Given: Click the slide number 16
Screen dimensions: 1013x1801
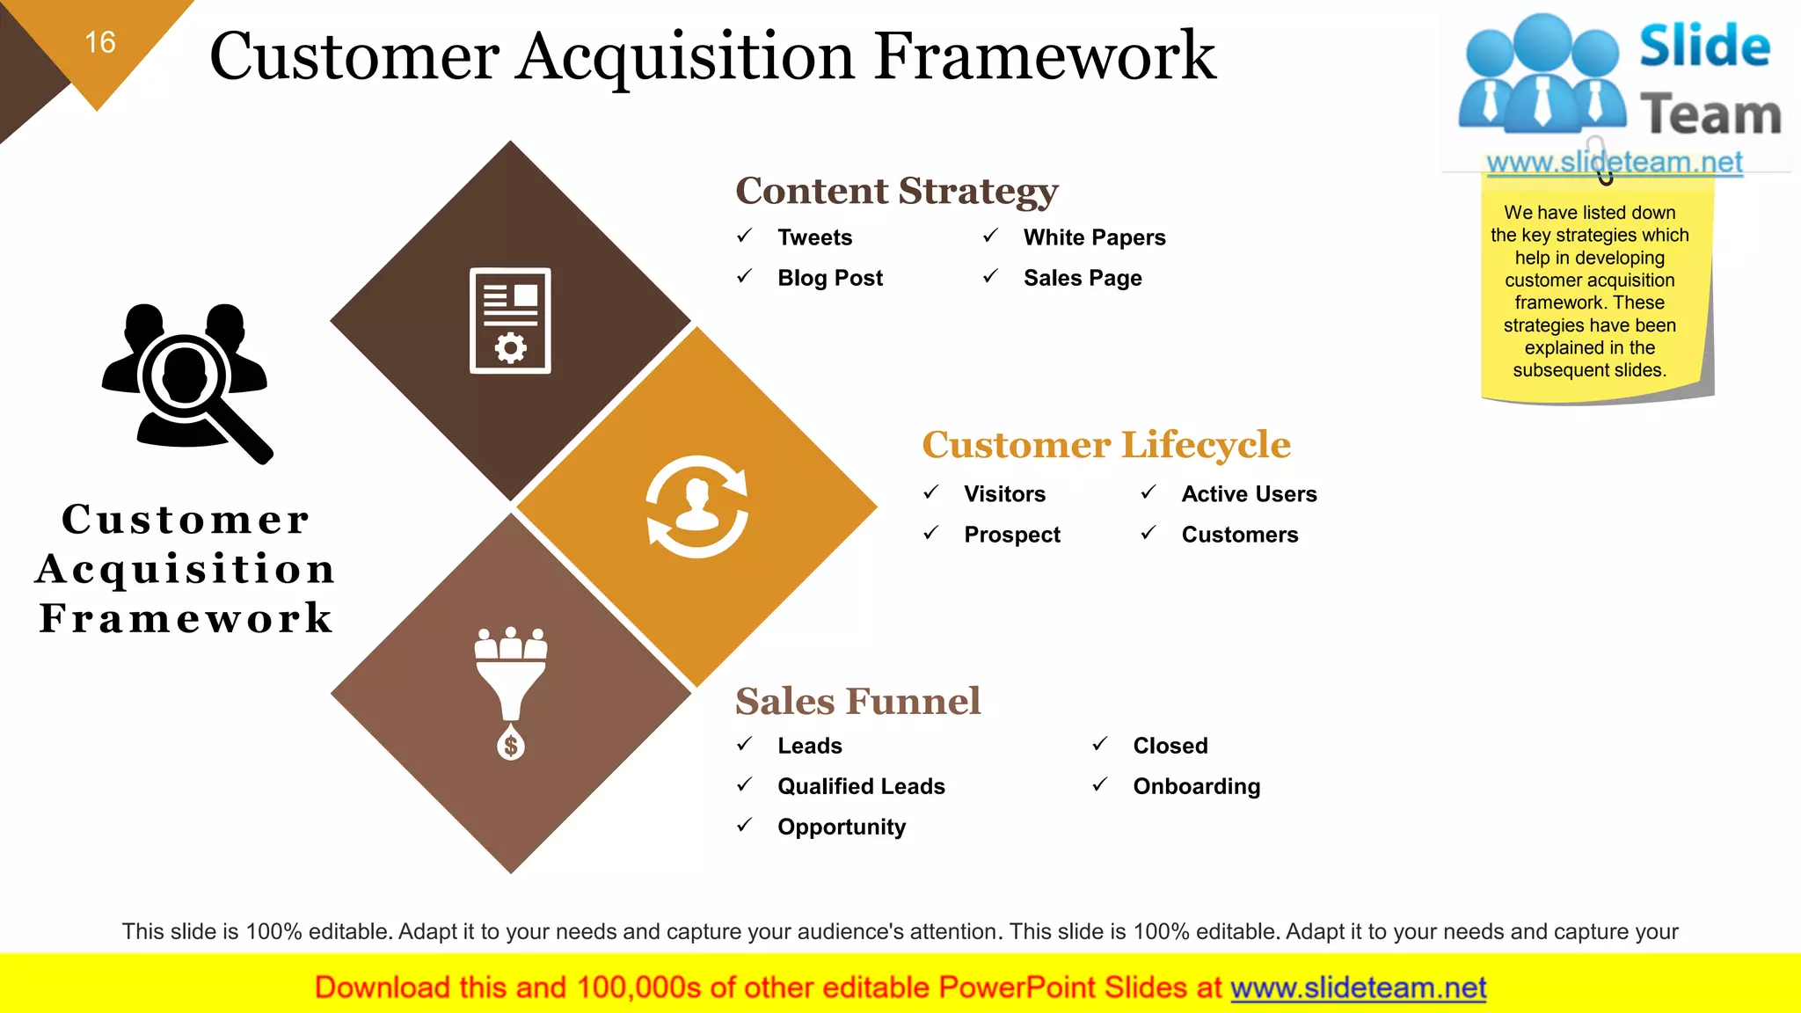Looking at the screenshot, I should coord(100,42).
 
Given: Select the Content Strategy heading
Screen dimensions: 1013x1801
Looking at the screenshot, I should coord(896,191).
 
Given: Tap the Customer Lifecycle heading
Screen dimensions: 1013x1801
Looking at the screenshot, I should coord(1105,445).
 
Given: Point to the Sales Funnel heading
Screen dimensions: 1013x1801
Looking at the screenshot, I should coord(857,702).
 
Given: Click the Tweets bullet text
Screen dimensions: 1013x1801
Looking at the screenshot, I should coord(814,237).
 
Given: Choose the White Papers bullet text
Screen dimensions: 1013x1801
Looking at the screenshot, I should coord(1094,237).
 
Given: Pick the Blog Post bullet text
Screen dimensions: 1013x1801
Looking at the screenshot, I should coord(829,278).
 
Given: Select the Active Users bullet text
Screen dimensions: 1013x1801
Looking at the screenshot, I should coord(1249,494).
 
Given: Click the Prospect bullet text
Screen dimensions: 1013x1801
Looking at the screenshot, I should coord(1011,535).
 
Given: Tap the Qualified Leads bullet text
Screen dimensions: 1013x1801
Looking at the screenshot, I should coord(861,786).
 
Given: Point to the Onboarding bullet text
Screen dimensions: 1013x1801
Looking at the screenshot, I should coord(1196,786).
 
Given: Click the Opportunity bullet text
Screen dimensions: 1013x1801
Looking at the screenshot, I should coord(841,827).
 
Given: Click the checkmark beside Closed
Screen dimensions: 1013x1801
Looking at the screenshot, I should coord(1100,745).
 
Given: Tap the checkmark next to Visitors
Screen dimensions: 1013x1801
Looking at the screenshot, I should coord(931,492).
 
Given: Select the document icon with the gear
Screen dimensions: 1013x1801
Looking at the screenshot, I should coord(510,321).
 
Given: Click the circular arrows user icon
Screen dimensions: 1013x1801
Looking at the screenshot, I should coord(697,506).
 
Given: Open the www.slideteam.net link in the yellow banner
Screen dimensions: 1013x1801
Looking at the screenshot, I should coord(1358,987).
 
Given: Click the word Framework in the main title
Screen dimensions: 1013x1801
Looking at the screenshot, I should coord(1045,56).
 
